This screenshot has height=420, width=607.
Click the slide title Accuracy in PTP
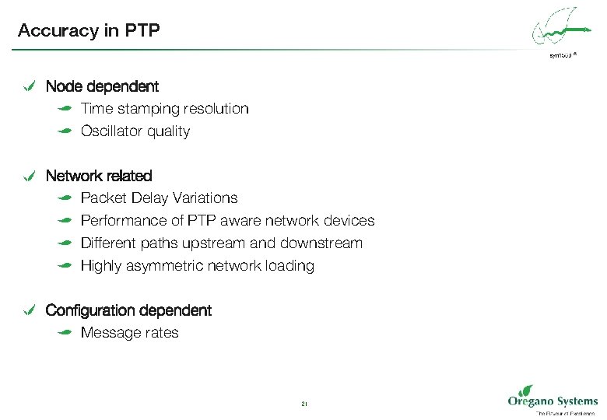89,30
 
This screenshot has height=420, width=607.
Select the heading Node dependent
102,86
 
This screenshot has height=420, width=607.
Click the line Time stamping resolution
164,109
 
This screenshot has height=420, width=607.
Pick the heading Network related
99,176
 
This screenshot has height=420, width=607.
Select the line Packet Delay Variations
159,198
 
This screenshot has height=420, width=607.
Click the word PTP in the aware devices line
199,221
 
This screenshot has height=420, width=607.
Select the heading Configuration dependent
128,310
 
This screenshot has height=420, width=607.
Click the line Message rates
129,333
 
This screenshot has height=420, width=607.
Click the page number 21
303,404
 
